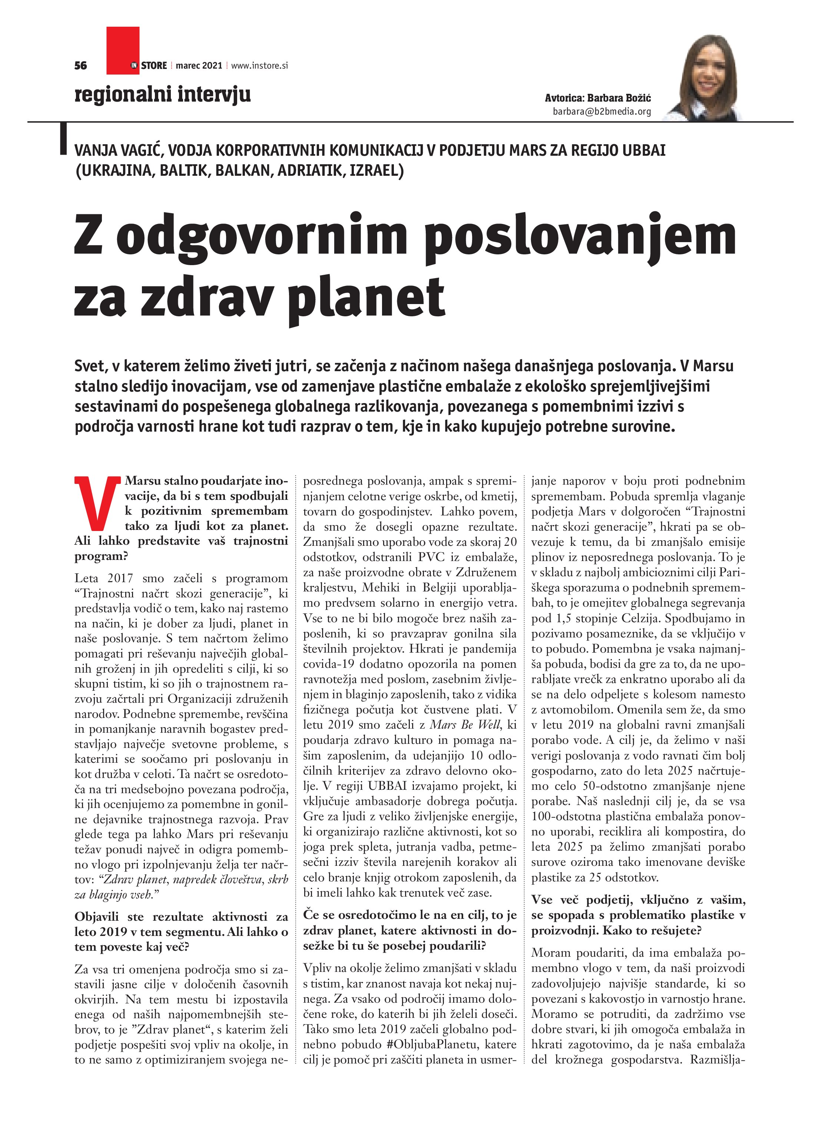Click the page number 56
tap(80, 65)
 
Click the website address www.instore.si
tap(259, 65)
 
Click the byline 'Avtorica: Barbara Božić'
tap(598, 98)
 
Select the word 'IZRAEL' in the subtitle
tap(376, 171)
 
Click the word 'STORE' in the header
tap(153, 65)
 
